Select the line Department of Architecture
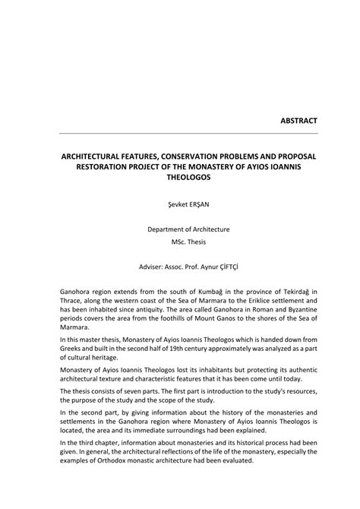[x=180, y=229]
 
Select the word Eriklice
[x=252, y=302]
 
